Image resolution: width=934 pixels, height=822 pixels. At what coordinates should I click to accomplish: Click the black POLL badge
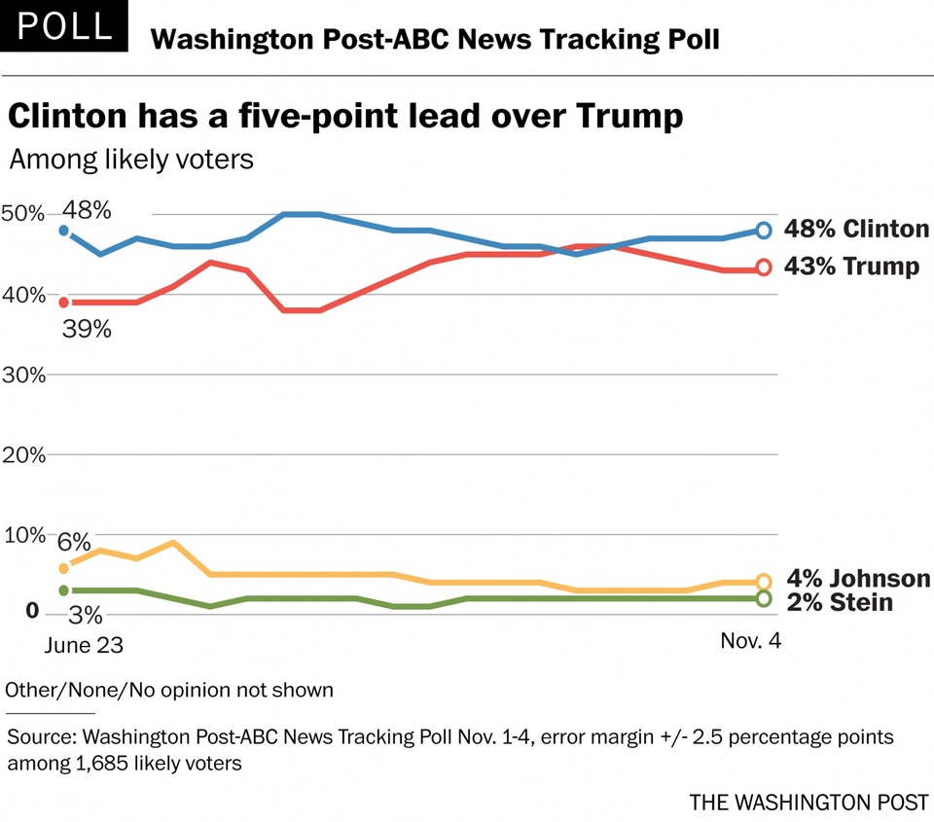click(x=64, y=26)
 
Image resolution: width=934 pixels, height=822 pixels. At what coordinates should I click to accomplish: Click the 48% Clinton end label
click(x=856, y=230)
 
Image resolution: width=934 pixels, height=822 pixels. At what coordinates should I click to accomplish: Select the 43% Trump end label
click(x=851, y=267)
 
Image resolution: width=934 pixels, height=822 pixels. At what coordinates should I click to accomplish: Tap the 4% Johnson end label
click(x=857, y=580)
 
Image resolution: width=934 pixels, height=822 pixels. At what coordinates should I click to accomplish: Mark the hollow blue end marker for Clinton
click(x=764, y=231)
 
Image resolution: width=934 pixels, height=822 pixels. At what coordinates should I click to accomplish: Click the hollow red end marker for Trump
click(x=764, y=268)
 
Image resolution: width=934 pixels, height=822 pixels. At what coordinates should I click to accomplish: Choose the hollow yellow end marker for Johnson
click(x=764, y=582)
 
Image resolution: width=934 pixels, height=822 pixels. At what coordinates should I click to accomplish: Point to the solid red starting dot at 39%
click(x=64, y=303)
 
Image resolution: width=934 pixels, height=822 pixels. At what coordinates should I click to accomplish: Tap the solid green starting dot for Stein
click(x=64, y=590)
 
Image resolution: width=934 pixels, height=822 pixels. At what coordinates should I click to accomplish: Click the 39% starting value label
click(x=86, y=330)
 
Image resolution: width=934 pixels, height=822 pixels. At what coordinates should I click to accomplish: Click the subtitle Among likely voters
click(x=131, y=159)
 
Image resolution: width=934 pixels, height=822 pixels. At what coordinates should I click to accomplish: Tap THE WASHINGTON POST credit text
click(x=808, y=803)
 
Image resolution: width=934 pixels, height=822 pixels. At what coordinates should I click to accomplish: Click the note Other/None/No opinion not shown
click(x=169, y=691)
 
